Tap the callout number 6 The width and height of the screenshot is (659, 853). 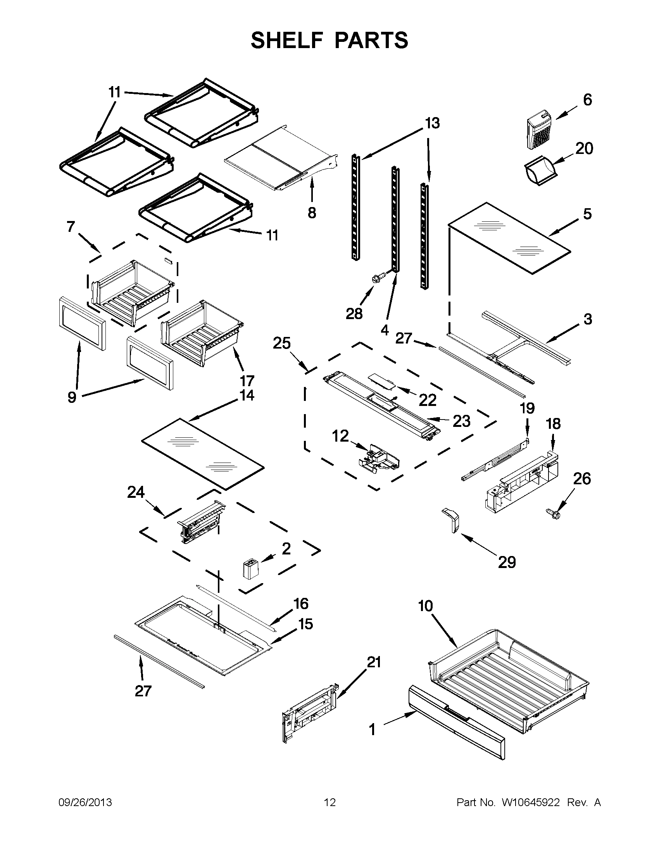(587, 100)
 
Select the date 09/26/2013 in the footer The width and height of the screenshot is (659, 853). (85, 802)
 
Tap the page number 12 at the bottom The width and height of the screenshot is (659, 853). (329, 802)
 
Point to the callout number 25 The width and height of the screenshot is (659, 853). (281, 343)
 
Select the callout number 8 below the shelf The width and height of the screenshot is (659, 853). (312, 213)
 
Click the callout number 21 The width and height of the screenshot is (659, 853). (374, 662)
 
